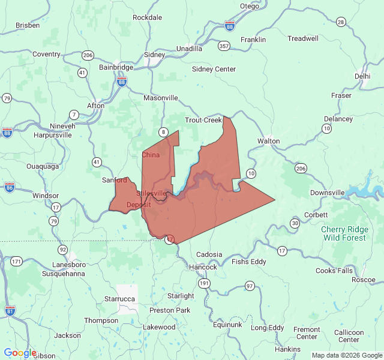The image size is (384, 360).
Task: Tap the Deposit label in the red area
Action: pos(139,205)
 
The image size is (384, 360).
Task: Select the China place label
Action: pos(151,155)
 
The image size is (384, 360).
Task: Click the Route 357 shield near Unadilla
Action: pos(224,46)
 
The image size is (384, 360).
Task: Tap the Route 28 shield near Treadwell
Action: pos(341,22)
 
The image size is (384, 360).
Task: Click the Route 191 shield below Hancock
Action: pos(205,283)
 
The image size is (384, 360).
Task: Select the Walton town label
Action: pos(268,141)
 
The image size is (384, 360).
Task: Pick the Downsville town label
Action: pos(328,193)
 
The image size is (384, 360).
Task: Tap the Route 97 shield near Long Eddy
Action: pos(250,286)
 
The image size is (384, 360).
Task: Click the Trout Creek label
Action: pos(203,120)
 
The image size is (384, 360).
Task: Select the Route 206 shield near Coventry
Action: pos(88,55)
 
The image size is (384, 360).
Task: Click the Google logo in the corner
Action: pos(20,353)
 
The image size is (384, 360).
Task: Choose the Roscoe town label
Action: pos(363,280)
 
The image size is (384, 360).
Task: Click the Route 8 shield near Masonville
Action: pos(163,131)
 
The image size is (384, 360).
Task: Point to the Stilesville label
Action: pos(151,193)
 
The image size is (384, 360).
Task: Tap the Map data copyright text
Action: pos(346,355)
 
